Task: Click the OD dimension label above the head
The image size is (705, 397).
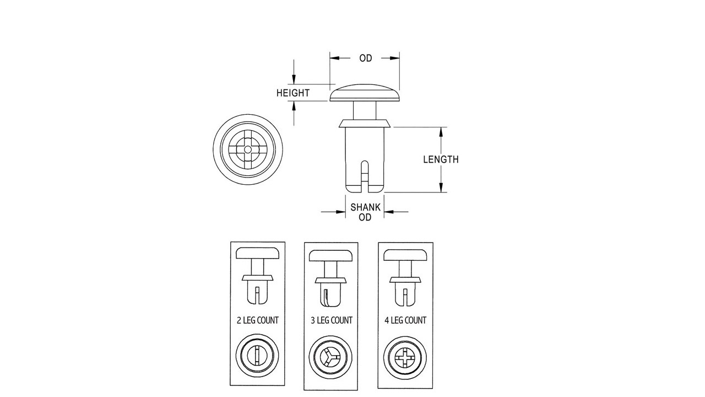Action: pyautogui.click(x=365, y=58)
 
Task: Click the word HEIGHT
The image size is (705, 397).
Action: pyautogui.click(x=293, y=93)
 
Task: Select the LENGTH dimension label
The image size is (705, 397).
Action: pyautogui.click(x=441, y=159)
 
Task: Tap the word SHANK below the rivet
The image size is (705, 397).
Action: pyautogui.click(x=365, y=207)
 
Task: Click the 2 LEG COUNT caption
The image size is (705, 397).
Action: pyautogui.click(x=257, y=320)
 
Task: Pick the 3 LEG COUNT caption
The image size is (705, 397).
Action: pyautogui.click(x=332, y=320)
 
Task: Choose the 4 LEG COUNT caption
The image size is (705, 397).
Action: pyautogui.click(x=405, y=320)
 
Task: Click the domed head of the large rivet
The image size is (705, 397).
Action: pyautogui.click(x=365, y=93)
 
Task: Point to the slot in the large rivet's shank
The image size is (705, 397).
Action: pyautogui.click(x=365, y=176)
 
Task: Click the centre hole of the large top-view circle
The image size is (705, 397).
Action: pyautogui.click(x=248, y=149)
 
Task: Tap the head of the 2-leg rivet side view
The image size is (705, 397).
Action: pyautogui.click(x=257, y=253)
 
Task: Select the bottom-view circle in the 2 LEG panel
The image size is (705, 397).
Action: pyautogui.click(x=257, y=356)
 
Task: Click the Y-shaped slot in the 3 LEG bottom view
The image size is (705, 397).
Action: pyautogui.click(x=329, y=357)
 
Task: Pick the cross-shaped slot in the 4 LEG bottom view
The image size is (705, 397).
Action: pyautogui.click(x=405, y=358)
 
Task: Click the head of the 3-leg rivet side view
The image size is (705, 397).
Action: pyautogui.click(x=332, y=255)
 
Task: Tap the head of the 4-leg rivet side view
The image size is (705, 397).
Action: pyautogui.click(x=405, y=255)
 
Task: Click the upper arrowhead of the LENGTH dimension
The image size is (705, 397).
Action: pyautogui.click(x=441, y=132)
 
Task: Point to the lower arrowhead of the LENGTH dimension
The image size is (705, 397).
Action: pyautogui.click(x=441, y=187)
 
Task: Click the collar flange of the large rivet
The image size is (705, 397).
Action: pyautogui.click(x=365, y=124)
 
